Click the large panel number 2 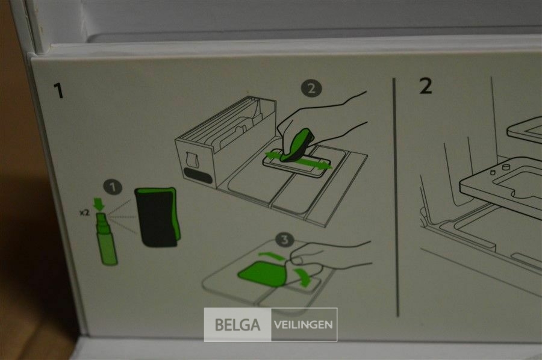[x=426, y=85]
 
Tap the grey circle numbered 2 [x=311, y=88]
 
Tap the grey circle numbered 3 [x=285, y=240]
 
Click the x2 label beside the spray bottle [x=84, y=213]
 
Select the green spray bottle [x=105, y=239]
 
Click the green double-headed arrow [x=298, y=160]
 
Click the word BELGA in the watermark [x=237, y=324]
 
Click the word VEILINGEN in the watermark [x=303, y=324]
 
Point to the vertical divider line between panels [x=396, y=197]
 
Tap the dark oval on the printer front [x=198, y=176]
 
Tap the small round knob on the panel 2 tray [x=506, y=167]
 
